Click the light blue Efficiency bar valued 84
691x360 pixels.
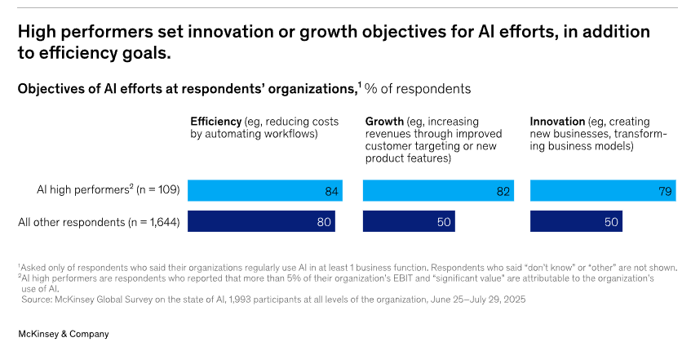pyautogui.click(x=264, y=190)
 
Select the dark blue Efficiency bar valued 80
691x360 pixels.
pyautogui.click(x=261, y=221)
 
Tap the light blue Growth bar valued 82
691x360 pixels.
pyautogui.click(x=438, y=190)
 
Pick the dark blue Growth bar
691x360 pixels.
pyautogui.click(x=409, y=221)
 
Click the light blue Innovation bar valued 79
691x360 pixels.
pyautogui.click(x=603, y=190)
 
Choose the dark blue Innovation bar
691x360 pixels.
pyautogui.click(x=576, y=221)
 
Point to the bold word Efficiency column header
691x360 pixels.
pyautogui.click(x=215, y=121)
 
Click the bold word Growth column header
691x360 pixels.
pyautogui.click(x=384, y=121)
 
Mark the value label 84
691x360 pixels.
pyautogui.click(x=330, y=191)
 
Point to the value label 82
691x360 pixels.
pyautogui.click(x=503, y=191)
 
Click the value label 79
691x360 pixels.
pyautogui.click(x=666, y=191)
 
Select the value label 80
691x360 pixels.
pyautogui.click(x=322, y=221)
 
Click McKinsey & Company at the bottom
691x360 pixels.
pyautogui.click(x=64, y=334)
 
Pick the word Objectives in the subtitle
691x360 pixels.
pyautogui.click(x=51, y=87)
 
